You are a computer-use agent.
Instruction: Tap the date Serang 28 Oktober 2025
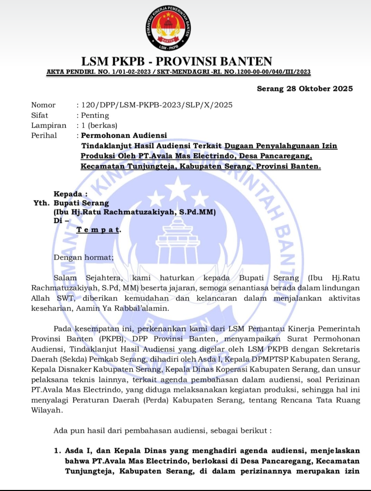[305, 88]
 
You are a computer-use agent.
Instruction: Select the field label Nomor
[43, 105]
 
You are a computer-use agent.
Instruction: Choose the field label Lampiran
[49, 125]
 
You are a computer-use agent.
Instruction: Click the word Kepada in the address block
[71, 194]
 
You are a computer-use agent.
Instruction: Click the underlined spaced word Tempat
[99, 229]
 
